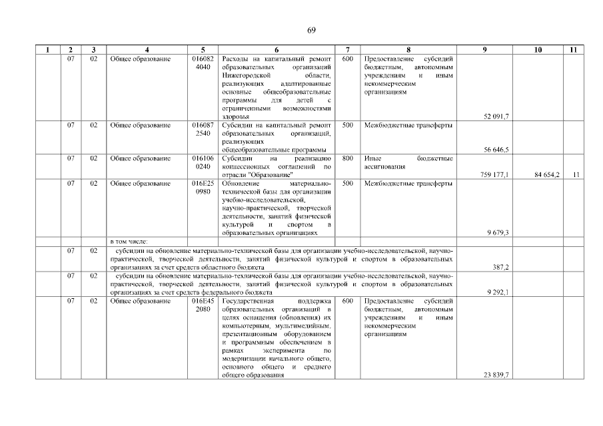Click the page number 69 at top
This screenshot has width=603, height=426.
click(311, 31)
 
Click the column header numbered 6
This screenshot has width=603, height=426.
click(276, 50)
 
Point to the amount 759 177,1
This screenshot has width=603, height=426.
click(494, 174)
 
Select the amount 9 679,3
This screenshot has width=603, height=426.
click(498, 232)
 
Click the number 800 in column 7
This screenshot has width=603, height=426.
click(347, 158)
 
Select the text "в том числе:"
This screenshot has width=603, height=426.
click(129, 241)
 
